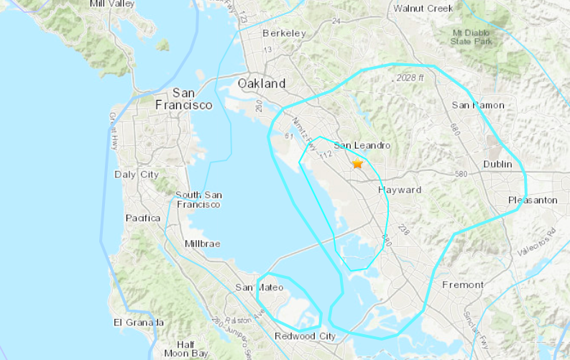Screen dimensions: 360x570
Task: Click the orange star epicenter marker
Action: tap(357, 164)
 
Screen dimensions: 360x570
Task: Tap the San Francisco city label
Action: tap(184, 99)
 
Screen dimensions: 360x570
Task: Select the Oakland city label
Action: tap(262, 83)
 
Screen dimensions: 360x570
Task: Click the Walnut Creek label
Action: tap(423, 9)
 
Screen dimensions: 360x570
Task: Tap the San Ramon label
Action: tap(477, 106)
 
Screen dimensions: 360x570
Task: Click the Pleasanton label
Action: tap(532, 200)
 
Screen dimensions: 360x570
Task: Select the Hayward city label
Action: tap(399, 190)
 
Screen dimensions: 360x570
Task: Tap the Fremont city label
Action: tap(463, 285)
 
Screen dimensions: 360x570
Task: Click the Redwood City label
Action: tap(305, 336)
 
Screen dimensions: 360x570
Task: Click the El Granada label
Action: tap(139, 323)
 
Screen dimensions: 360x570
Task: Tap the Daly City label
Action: tap(137, 175)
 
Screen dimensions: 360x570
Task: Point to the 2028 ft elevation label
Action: tap(410, 78)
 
